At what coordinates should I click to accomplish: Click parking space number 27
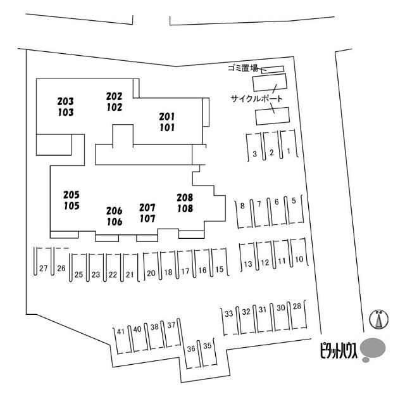[43, 269]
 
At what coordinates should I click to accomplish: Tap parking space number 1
[289, 151]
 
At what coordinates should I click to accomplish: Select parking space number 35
[206, 346]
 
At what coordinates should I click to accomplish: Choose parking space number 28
[296, 307]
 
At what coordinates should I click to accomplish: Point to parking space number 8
[242, 205]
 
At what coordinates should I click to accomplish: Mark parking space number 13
[248, 263]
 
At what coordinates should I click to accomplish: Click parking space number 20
[151, 273]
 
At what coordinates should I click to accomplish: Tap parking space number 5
[294, 201]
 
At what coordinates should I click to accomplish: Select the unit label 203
[65, 101]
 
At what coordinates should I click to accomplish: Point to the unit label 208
[185, 198]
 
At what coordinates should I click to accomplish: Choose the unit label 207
[147, 208]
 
